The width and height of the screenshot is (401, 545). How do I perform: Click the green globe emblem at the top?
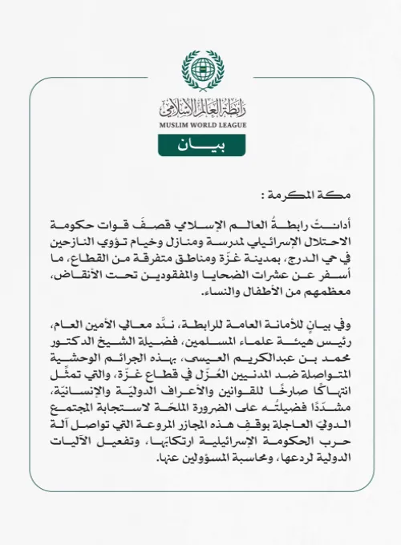tap(200, 69)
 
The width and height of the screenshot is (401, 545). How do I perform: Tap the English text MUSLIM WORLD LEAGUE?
tap(200, 123)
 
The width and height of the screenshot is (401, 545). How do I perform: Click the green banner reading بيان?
tap(200, 145)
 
